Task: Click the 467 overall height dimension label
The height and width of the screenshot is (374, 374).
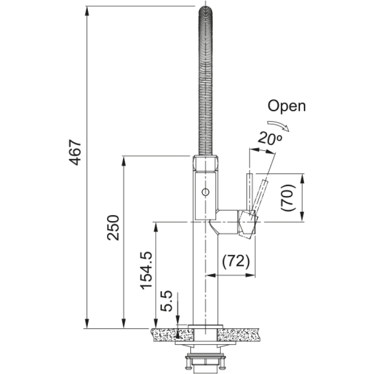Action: tap(75, 153)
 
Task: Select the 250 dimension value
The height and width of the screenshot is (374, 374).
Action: tap(113, 228)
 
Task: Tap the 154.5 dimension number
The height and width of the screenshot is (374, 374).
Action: tap(146, 271)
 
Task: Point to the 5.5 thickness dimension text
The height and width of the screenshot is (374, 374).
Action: tap(166, 301)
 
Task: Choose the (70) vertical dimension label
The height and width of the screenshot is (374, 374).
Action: tap(288, 198)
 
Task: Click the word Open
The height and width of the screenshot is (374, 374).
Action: tap(287, 106)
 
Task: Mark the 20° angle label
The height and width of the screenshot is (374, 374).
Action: tap(270, 138)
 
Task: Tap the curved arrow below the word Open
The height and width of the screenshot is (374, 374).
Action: tap(278, 125)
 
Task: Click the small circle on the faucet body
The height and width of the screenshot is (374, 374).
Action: tap(205, 192)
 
